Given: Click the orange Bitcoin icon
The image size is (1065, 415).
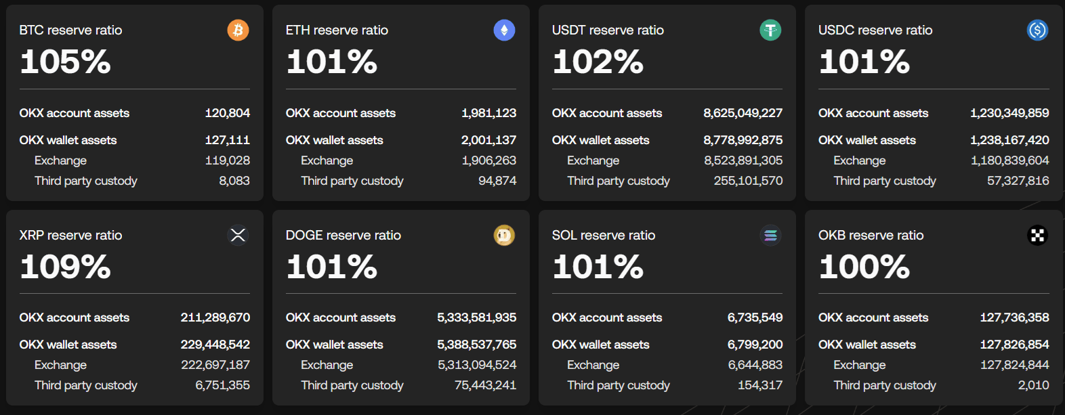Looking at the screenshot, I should click(238, 30).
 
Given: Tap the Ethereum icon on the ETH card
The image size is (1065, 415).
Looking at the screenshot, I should click(504, 30).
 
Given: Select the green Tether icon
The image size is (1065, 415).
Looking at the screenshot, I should click(770, 30).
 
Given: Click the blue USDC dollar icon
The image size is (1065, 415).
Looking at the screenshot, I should click(1037, 30).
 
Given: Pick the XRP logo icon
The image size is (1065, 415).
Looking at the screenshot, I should click(238, 235).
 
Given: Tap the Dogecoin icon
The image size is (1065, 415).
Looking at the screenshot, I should click(504, 235).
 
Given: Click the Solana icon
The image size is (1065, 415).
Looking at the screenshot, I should click(770, 235).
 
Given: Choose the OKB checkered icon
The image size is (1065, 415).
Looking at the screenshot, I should click(1037, 235).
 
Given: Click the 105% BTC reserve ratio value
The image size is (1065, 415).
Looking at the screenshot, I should click(65, 62).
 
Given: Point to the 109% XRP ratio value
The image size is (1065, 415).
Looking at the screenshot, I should click(65, 267).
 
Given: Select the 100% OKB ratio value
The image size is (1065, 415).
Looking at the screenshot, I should click(864, 267).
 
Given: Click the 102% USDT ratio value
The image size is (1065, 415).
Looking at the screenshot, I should click(598, 62).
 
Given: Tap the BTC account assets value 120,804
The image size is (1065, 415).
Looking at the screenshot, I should click(227, 113).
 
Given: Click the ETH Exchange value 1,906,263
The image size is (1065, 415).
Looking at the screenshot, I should click(488, 160).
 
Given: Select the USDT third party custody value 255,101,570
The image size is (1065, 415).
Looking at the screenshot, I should click(748, 181).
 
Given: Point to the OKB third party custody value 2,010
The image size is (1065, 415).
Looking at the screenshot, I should click(1033, 385).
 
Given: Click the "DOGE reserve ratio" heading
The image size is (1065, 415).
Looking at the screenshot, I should click(343, 235).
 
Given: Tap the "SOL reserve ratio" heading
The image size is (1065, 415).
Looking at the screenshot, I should click(604, 235).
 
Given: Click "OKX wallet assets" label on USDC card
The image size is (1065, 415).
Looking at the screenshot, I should click(867, 140).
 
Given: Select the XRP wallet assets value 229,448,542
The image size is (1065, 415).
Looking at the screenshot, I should click(215, 345).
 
